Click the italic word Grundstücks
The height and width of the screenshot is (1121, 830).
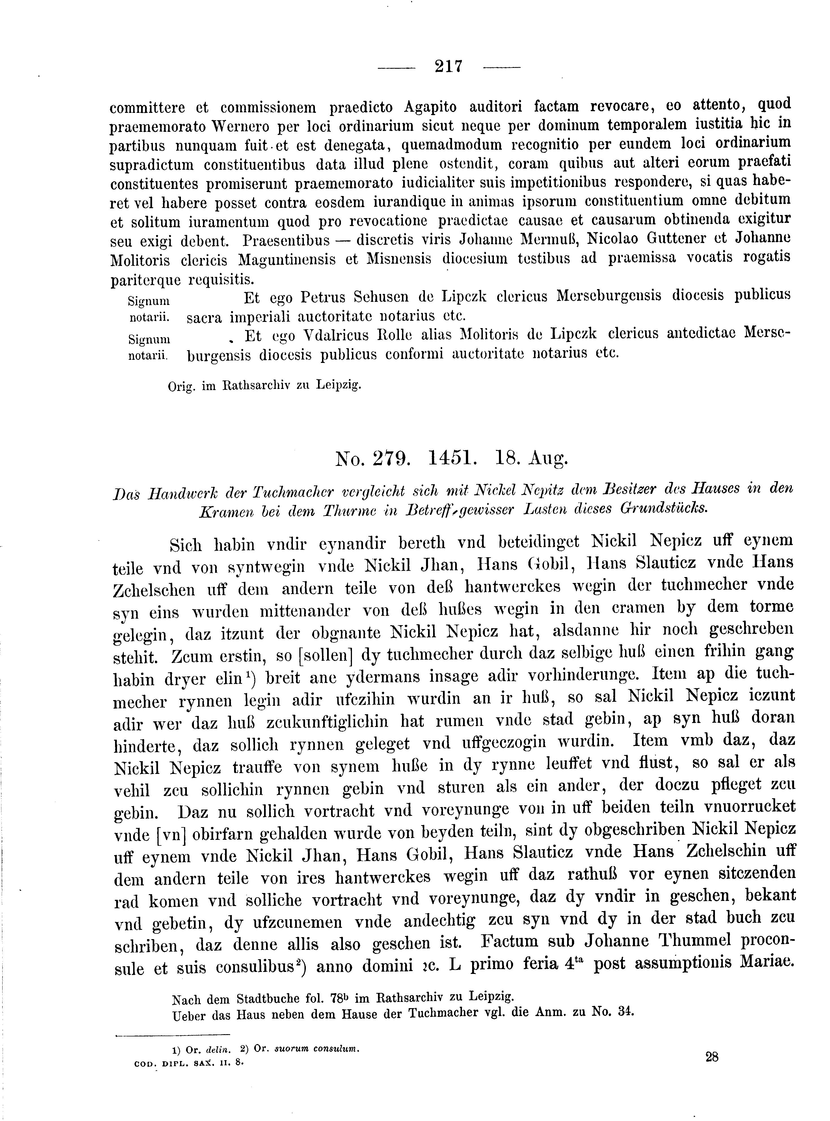pyautogui.click(x=664, y=508)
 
